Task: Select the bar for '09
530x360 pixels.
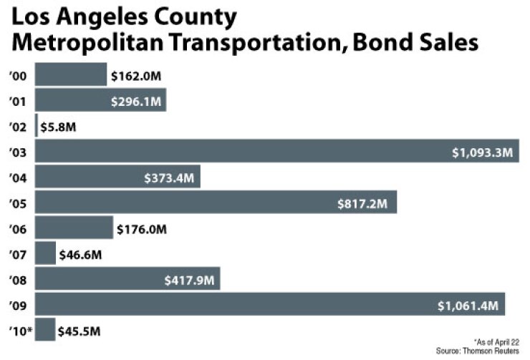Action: click(x=269, y=305)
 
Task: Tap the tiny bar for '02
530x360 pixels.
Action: click(x=36, y=126)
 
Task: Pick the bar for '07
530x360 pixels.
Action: click(x=45, y=253)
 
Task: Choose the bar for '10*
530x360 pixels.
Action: click(x=44, y=331)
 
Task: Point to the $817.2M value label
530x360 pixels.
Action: click(x=362, y=203)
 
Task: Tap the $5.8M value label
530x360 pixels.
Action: click(x=59, y=127)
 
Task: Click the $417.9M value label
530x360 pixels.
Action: click(x=189, y=280)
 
